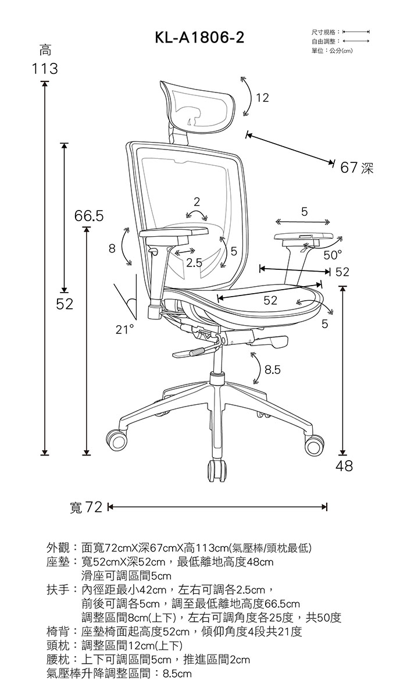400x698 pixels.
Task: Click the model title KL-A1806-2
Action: pos(199,38)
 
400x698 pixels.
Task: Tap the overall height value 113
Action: pos(45,69)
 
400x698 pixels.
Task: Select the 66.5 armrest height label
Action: pos(89,216)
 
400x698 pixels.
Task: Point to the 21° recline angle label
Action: pos(124,329)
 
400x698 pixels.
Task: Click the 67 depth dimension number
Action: pos(349,168)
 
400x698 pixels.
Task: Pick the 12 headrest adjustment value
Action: pos(262,98)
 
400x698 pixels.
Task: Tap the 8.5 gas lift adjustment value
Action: pos(273,370)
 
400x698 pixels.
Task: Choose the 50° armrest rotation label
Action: pos(333,255)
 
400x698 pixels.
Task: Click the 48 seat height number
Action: pos(344,466)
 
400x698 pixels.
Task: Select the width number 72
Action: pos(94,507)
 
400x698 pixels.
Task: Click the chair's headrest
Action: pos(198,105)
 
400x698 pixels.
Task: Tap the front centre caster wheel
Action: pos(217,471)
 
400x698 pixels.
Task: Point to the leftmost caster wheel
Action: pos(117,440)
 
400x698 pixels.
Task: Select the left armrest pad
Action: pos(174,232)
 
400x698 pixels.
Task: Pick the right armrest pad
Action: pos(303,237)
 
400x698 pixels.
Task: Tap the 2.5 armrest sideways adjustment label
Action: pos(194,263)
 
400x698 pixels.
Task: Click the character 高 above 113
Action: pos(45,50)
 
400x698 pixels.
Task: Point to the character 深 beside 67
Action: pos(367,168)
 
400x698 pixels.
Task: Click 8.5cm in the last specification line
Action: pos(177,674)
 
